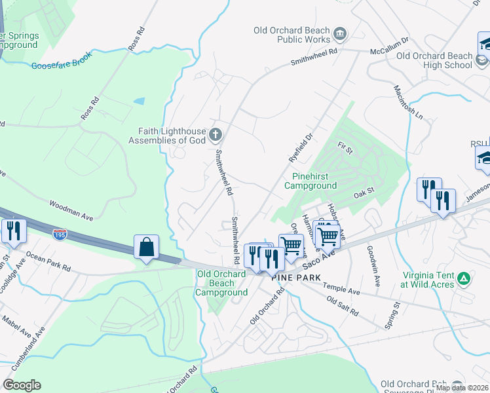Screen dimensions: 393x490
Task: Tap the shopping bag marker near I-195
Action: (146, 248)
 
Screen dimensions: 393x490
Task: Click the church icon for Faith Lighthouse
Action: (216, 136)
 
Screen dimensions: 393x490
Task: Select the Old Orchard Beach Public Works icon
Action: (340, 34)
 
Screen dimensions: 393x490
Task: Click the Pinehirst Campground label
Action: (311, 181)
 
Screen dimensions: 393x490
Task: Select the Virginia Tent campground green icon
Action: (464, 278)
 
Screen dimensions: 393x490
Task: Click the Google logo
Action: (22, 385)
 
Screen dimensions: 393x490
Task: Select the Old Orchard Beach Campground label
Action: (221, 283)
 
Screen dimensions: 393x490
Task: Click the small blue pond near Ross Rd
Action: (139, 102)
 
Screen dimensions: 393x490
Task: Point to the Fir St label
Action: (345, 151)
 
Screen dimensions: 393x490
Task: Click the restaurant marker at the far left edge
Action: (11, 231)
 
